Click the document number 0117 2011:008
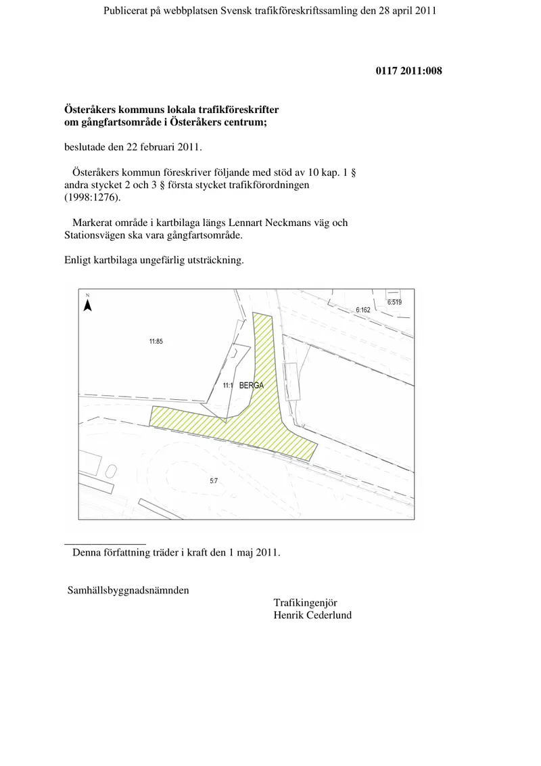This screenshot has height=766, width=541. (x=408, y=71)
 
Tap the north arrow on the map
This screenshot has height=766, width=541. (x=88, y=305)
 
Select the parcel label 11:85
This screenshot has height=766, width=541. (x=156, y=342)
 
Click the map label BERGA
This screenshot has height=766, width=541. (x=252, y=386)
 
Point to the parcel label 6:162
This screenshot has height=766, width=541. (x=362, y=310)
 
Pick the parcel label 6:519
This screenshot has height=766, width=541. (x=394, y=302)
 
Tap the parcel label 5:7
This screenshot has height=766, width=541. (x=214, y=481)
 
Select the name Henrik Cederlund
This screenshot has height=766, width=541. (x=312, y=615)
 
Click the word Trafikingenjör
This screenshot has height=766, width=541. (x=305, y=603)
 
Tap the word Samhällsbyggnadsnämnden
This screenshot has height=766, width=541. (x=128, y=590)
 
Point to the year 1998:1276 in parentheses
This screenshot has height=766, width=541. (x=92, y=198)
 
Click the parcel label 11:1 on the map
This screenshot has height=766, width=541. (x=227, y=386)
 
